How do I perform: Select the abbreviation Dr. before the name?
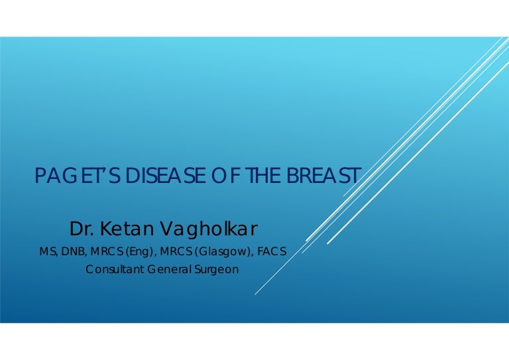click(x=82, y=229)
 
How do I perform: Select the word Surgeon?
click(x=216, y=270)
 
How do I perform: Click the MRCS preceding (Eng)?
click(x=103, y=253)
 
